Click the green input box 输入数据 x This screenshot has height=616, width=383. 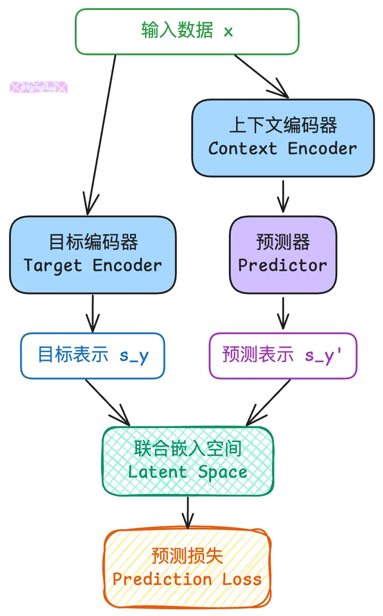(187, 31)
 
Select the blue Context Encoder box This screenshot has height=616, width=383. (283, 138)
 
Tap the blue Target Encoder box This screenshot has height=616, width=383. (92, 255)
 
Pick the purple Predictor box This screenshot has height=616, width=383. (283, 255)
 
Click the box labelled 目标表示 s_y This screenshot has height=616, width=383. (92, 356)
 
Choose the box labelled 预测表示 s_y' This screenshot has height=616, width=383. (283, 356)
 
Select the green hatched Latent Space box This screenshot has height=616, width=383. (188, 461)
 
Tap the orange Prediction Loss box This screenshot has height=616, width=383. (187, 568)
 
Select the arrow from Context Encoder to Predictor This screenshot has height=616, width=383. (283, 196)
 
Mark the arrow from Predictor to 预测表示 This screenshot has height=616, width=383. (283, 313)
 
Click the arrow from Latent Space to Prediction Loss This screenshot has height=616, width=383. (187, 512)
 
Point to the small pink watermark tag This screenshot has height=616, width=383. (39, 87)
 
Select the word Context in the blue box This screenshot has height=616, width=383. (242, 149)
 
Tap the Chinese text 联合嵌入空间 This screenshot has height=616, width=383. (188, 449)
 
